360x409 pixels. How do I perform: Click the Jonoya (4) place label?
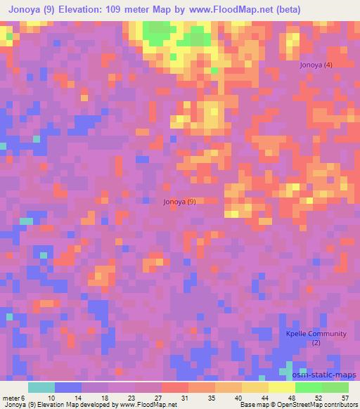pyautogui.click(x=316, y=65)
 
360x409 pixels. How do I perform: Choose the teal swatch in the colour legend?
pyautogui.click(x=41, y=387)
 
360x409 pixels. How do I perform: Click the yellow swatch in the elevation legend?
pyautogui.click(x=282, y=387)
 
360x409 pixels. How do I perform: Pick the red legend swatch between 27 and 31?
pyautogui.click(x=175, y=387)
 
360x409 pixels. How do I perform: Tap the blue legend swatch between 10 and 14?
pyautogui.click(x=68, y=387)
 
